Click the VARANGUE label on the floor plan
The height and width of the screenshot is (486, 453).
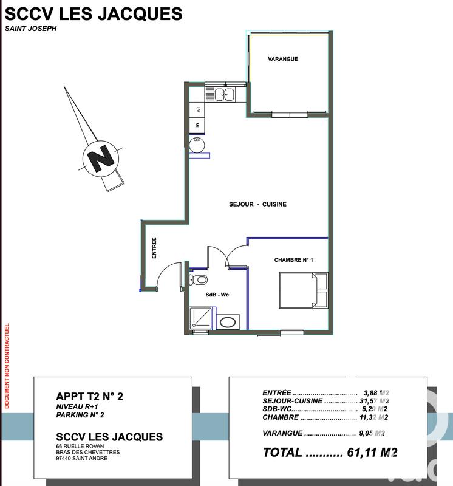click(283, 59)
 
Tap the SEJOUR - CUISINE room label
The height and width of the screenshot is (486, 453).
click(258, 205)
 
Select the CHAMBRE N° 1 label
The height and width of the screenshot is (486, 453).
click(293, 260)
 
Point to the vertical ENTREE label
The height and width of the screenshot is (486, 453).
click(154, 248)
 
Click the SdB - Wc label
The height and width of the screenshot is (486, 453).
click(217, 295)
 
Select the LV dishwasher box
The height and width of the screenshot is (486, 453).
click(197, 110)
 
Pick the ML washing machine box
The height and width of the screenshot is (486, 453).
click(197, 125)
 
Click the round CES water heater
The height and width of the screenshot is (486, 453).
click(197, 144)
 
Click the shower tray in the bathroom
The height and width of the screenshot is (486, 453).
click(202, 318)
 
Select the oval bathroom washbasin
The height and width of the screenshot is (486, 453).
click(228, 321)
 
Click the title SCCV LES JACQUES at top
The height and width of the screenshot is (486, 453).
click(93, 13)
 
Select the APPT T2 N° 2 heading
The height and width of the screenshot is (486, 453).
click(90, 397)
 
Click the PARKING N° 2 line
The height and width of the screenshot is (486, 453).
click(80, 416)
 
